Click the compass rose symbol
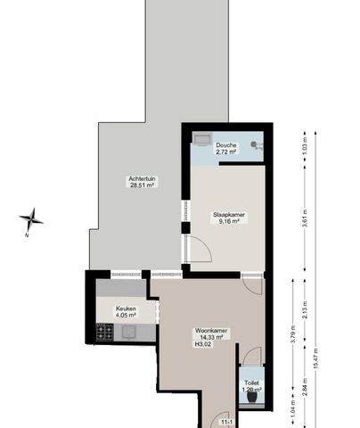click(31, 218)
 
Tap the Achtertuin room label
click(141, 179)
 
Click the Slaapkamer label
click(228, 214)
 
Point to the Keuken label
click(126, 309)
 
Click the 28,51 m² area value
click(141, 187)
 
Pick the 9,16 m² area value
click(228, 222)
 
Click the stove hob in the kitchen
click(105, 333)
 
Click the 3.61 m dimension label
click(306, 224)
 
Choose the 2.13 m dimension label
click(306, 310)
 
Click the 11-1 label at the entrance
click(227, 422)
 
